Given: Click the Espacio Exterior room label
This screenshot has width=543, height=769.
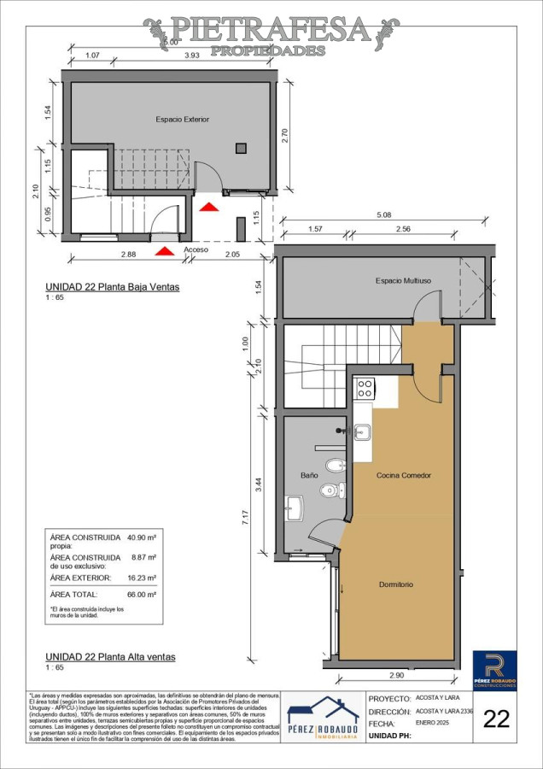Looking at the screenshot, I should [182, 120].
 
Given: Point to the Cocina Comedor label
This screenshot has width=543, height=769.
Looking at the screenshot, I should [404, 475].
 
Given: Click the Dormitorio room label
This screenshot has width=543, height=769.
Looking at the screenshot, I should [396, 584].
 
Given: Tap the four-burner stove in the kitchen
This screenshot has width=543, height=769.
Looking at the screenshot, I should [365, 389].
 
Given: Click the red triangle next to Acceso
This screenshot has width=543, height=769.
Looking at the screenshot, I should [162, 250].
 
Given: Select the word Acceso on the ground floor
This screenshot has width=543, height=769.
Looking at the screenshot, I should [196, 250].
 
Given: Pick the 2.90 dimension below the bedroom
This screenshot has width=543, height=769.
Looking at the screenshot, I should [396, 676].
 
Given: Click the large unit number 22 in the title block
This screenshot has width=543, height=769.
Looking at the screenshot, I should [496, 719].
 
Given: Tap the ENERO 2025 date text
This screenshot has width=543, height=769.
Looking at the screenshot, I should [432, 723].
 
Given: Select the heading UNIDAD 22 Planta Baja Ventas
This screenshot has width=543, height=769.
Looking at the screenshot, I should [112, 288].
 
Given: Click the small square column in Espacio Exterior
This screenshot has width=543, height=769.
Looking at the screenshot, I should [242, 146].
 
